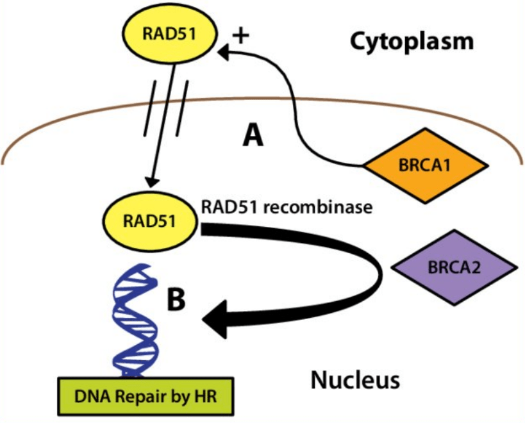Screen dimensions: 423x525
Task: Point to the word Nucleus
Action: click(355, 379)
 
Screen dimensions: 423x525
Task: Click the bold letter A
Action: click(253, 135)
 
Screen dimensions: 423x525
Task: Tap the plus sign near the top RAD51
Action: click(240, 35)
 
